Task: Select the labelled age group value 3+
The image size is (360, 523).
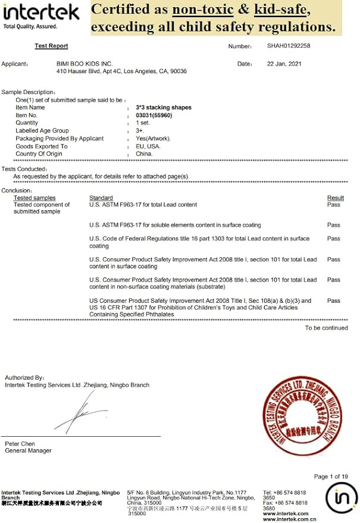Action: click(x=140, y=131)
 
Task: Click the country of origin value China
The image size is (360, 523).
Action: click(x=144, y=154)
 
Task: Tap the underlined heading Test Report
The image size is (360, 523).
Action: click(x=51, y=46)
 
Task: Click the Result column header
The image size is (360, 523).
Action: click(x=335, y=198)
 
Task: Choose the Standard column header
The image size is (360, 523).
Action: click(x=101, y=198)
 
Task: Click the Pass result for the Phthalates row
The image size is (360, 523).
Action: click(x=334, y=301)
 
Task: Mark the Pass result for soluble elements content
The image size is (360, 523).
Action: click(x=334, y=226)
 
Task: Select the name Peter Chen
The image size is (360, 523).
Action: click(x=21, y=444)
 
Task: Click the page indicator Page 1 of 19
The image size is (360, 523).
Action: click(x=330, y=477)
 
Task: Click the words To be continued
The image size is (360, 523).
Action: click(x=326, y=328)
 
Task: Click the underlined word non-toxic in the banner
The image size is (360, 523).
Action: click(x=201, y=10)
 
